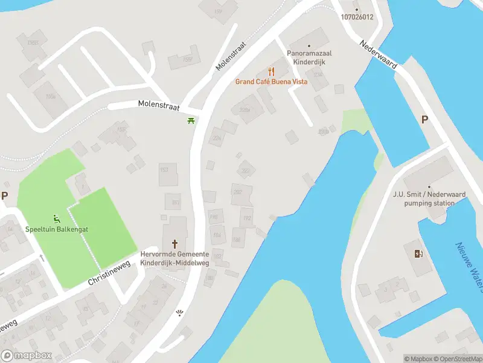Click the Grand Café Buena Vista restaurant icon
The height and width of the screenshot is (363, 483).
coord(271,71)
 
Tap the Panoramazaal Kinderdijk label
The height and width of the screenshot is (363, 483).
coord(309,57)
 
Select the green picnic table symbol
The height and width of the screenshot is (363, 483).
coord(191,121)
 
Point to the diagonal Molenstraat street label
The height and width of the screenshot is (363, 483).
coord(232,56)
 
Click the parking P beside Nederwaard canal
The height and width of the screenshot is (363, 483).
coord(424,120)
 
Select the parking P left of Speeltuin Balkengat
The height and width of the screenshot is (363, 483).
coord(4,195)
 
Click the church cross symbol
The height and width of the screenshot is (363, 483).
coord(175,244)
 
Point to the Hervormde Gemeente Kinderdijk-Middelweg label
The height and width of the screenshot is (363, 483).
coord(174,259)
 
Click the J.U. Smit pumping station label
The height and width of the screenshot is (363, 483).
coord(429,199)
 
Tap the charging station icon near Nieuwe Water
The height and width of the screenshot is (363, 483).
coord(418,253)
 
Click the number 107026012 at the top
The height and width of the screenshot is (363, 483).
coord(356,16)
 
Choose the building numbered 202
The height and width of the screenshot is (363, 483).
coord(237,192)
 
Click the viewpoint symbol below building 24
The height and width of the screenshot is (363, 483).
coord(179,312)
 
